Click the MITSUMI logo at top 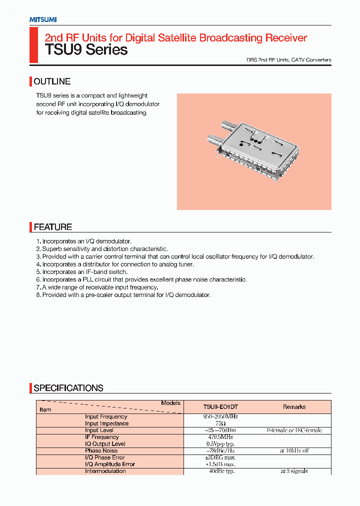point(42,19)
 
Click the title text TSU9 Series point(86,50)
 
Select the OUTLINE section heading point(52,81)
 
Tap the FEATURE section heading point(52,227)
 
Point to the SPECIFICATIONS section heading point(68,388)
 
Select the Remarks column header point(294,407)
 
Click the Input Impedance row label point(106,423)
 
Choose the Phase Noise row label point(101,450)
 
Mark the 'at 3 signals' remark point(294,471)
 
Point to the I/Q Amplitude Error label point(110,464)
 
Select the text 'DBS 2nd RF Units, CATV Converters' point(288,60)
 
